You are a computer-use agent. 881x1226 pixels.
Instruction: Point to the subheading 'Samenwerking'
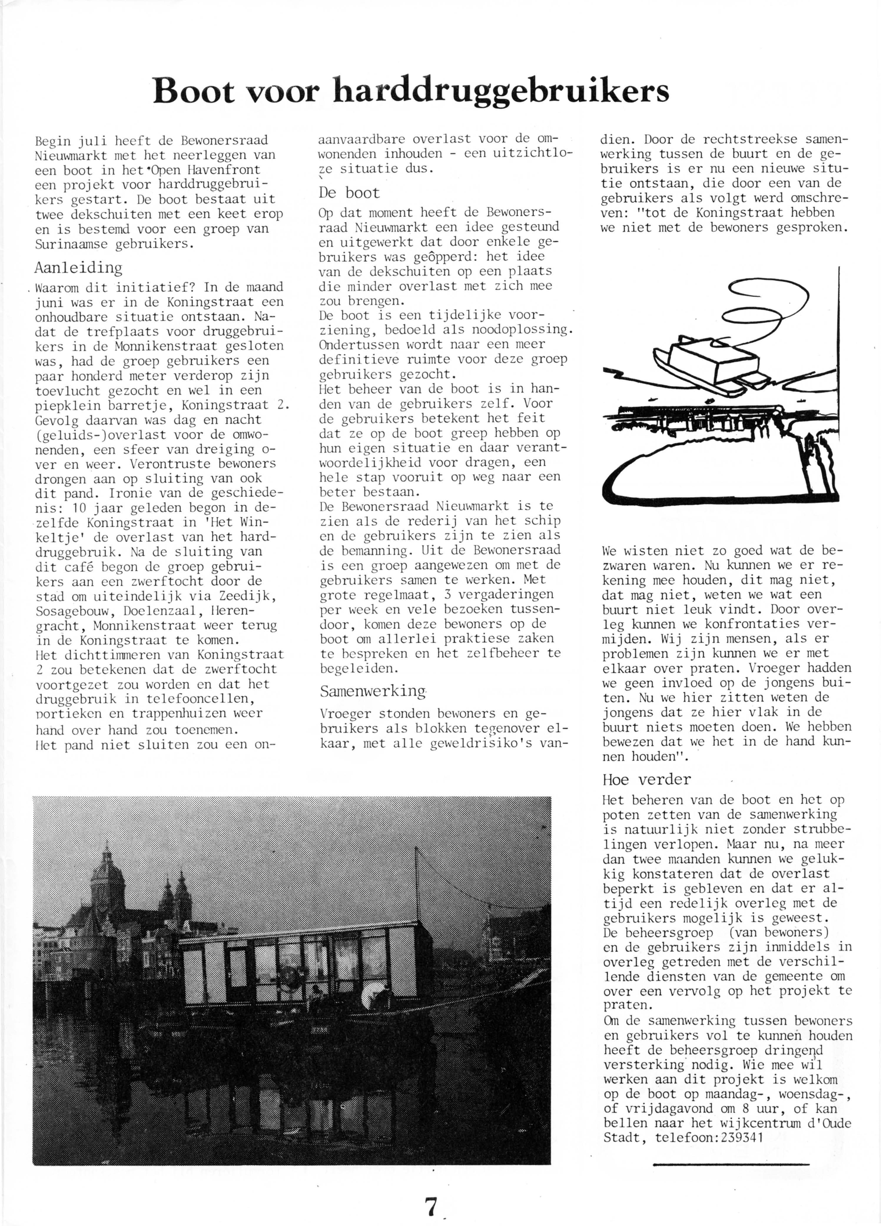(373, 692)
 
